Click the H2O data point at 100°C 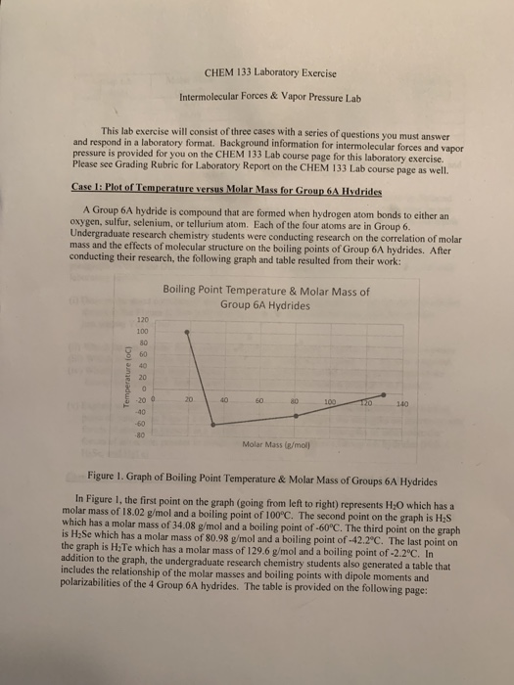[188, 333]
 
